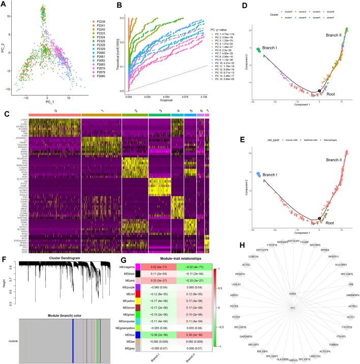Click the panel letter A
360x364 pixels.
pyautogui.click(x=4, y=4)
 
